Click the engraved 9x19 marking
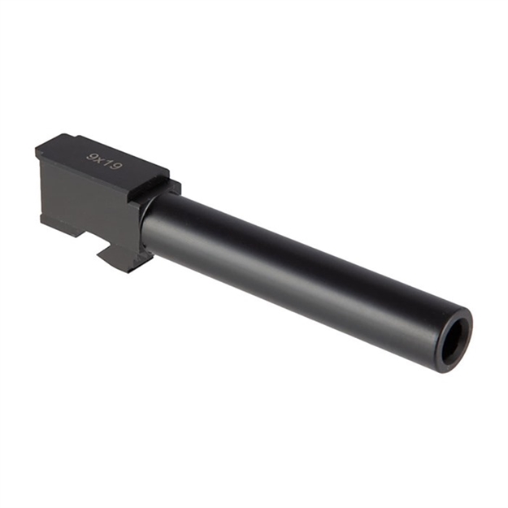[x=105, y=161]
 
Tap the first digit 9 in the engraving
[x=91, y=155]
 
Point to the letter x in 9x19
[x=99, y=158]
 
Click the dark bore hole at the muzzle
[x=454, y=339]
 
